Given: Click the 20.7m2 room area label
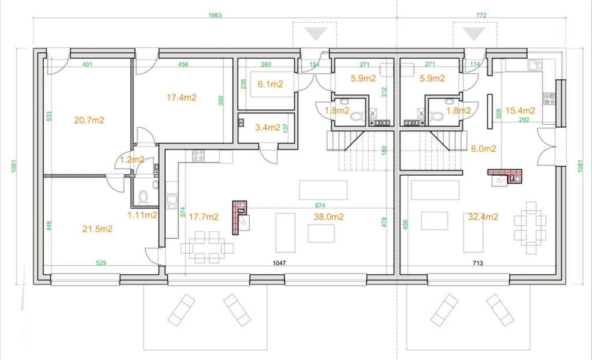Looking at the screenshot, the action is (89, 121).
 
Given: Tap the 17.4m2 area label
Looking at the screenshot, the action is (181, 97).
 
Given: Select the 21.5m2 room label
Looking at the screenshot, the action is (97, 229).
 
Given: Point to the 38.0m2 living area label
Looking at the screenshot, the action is (328, 217).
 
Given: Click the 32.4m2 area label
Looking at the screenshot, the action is (483, 217).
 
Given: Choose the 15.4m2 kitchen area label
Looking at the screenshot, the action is (521, 110).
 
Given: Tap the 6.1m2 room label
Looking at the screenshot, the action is (270, 84).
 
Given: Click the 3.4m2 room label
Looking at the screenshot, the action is (268, 128).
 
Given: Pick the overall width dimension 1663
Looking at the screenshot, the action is (215, 16).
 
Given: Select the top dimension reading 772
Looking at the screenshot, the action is (481, 16).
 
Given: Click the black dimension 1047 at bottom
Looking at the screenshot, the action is (279, 263).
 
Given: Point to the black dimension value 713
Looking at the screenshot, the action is (477, 263).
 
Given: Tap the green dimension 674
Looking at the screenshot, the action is (320, 205).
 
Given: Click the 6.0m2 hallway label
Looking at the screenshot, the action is (484, 149).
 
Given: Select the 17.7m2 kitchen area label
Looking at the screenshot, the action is (204, 217).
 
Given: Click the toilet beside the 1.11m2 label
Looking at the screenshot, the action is (143, 197).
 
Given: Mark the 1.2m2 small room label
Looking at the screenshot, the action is (132, 160).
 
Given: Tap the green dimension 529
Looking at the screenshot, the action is (101, 263).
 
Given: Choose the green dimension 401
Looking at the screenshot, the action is (87, 65).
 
